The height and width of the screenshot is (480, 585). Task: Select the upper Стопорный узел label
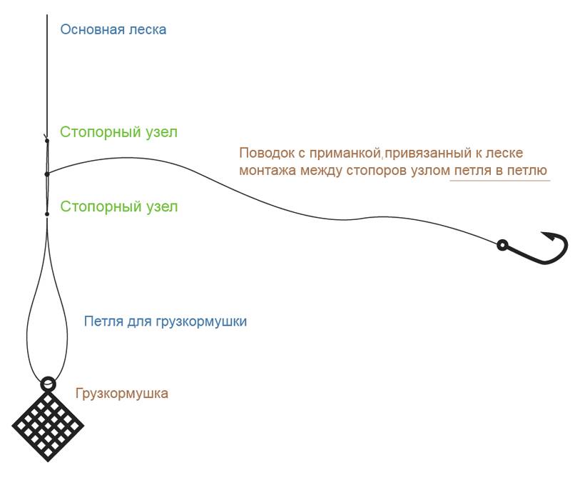coord(118,132)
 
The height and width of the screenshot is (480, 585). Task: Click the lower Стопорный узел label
coord(118,207)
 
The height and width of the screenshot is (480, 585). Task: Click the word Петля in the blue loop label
coord(101,321)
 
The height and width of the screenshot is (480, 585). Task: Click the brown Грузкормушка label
coord(122,394)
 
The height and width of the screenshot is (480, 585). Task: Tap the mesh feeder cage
coord(47,424)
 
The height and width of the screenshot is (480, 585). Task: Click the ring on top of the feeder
coord(48,384)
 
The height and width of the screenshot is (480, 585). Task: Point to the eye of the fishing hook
coord(502,246)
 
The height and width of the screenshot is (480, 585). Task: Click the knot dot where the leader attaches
coord(47,174)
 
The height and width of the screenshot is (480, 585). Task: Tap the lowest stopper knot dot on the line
coord(47,214)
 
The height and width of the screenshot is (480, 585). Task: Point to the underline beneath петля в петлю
coord(499,180)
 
